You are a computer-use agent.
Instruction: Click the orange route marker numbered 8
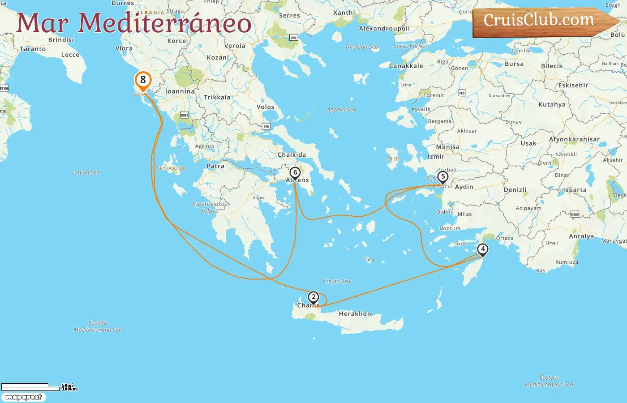click(x=143, y=81)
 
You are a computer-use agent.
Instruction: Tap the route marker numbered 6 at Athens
click(x=295, y=173)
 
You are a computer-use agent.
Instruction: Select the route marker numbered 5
click(x=442, y=177)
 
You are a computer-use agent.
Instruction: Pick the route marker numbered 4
click(x=482, y=249)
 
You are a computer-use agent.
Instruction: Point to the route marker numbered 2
click(x=313, y=297)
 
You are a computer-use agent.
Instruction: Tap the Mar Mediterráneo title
click(x=133, y=23)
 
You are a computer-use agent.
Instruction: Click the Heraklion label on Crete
click(x=355, y=314)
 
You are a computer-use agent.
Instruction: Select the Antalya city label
click(x=581, y=236)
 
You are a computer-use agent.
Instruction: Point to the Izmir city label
click(x=436, y=157)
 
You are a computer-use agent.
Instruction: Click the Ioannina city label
click(x=180, y=91)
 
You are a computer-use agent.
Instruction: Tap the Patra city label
click(x=215, y=166)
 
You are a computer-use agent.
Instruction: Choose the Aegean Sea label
click(x=341, y=110)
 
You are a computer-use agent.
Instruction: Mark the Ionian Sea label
click(x=86, y=172)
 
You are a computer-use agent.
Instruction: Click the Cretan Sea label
click(x=336, y=281)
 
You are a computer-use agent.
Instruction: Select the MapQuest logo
click(x=23, y=397)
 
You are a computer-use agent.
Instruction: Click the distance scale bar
click(x=30, y=387)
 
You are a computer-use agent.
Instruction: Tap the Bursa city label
click(x=514, y=64)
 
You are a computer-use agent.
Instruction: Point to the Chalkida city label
click(x=292, y=155)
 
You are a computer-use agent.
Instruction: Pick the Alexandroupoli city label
click(x=384, y=29)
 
